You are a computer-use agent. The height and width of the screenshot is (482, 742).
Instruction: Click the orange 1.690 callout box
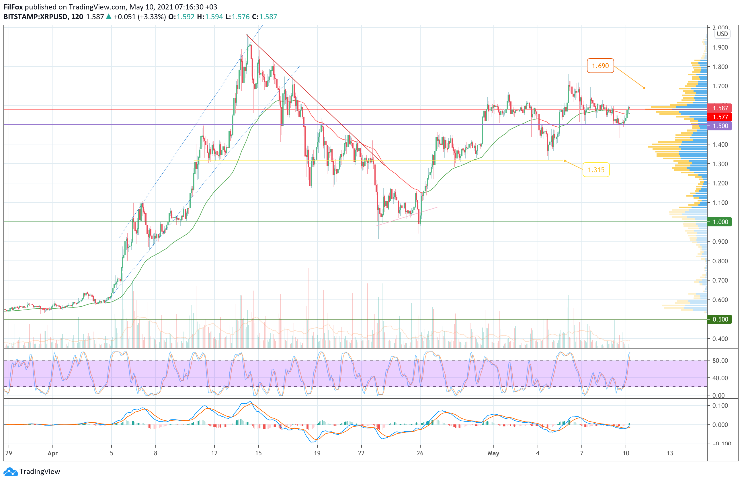point(600,66)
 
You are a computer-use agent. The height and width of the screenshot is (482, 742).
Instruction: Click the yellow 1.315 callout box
point(596,170)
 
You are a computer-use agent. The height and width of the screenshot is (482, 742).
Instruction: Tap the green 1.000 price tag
point(720,222)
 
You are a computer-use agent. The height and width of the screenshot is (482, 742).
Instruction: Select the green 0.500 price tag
point(720,319)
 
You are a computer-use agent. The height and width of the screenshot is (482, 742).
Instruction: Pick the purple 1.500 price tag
point(720,126)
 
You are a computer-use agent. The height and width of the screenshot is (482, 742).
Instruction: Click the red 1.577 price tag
point(720,117)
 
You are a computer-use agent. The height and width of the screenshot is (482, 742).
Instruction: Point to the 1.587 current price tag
point(720,108)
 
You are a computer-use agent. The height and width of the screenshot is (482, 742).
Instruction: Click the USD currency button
point(722,34)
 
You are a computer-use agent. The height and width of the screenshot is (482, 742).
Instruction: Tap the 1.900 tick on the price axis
point(720,47)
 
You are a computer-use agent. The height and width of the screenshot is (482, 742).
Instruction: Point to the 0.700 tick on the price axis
point(720,281)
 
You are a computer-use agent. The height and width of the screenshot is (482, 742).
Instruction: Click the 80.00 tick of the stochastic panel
point(720,360)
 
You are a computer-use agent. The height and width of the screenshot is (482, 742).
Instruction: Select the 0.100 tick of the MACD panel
point(720,405)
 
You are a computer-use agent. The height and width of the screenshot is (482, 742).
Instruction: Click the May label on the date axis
point(493,453)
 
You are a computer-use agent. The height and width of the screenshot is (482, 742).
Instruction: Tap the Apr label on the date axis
point(53,453)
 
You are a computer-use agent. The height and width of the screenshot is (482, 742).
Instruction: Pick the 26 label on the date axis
point(420,453)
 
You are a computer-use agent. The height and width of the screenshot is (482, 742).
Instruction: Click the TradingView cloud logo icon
point(11,472)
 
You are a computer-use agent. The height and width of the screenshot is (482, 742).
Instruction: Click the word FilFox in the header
point(13,7)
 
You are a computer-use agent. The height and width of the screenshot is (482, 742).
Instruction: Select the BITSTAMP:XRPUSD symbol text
point(36,17)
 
